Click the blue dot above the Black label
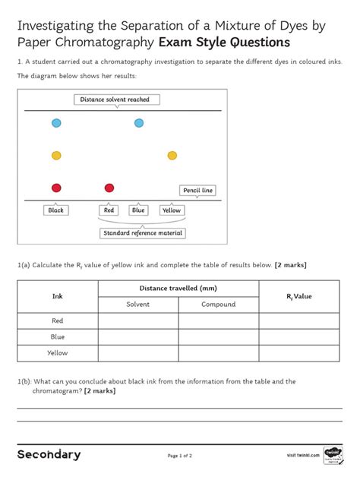[56, 123]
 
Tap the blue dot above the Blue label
[139, 123]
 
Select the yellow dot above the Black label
[56, 156]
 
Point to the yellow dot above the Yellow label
[172, 156]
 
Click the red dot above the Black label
[56, 188]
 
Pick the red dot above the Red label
[109, 188]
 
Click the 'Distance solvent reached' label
[115, 99]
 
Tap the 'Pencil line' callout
[197, 190]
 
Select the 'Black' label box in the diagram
[56, 210]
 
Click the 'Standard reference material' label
[143, 233]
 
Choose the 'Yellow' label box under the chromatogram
[172, 210]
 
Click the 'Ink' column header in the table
[58, 296]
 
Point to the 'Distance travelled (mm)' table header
[178, 288]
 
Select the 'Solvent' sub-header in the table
[138, 305]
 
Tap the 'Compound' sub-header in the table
[219, 305]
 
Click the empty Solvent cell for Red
[138, 321]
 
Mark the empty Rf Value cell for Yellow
[299, 352]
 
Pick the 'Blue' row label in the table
[58, 336]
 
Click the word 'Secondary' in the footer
[49, 454]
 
